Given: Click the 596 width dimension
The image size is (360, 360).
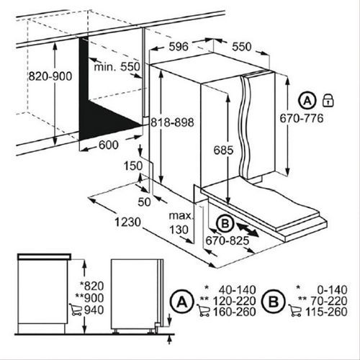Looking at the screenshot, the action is pos(179,47).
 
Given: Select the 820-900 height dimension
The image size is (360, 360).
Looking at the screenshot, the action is pos(50,76).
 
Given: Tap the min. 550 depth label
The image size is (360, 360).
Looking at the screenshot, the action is pos(117,66).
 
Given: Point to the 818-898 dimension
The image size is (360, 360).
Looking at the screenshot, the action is pos(172,122).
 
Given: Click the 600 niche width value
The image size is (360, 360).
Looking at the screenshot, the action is pos(109,145).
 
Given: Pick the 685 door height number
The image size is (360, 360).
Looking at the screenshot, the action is pos(223,150).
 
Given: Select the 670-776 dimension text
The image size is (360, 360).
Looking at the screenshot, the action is pos(302,118).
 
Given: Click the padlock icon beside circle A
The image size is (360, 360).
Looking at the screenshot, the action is pos(328,100).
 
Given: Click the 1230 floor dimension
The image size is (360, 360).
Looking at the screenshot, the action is pos(127,222).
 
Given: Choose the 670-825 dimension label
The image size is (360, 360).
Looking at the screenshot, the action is pos(228,240).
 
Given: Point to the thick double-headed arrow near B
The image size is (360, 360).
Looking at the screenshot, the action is pos(248,230).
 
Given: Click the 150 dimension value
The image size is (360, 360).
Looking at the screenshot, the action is pos(133,166).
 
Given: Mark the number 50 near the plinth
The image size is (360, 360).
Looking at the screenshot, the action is pos(144,202).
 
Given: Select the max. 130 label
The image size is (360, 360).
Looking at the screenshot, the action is pos(181,223).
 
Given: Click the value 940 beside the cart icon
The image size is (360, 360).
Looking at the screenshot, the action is pos(94,310).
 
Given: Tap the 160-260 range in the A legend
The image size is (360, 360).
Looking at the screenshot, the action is pos(234,312).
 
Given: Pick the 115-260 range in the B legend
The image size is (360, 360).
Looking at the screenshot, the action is pos(326,312).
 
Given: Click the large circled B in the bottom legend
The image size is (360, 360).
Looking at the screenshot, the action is pos(274,302).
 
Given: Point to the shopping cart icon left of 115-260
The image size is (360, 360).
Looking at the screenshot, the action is pos(295,311).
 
